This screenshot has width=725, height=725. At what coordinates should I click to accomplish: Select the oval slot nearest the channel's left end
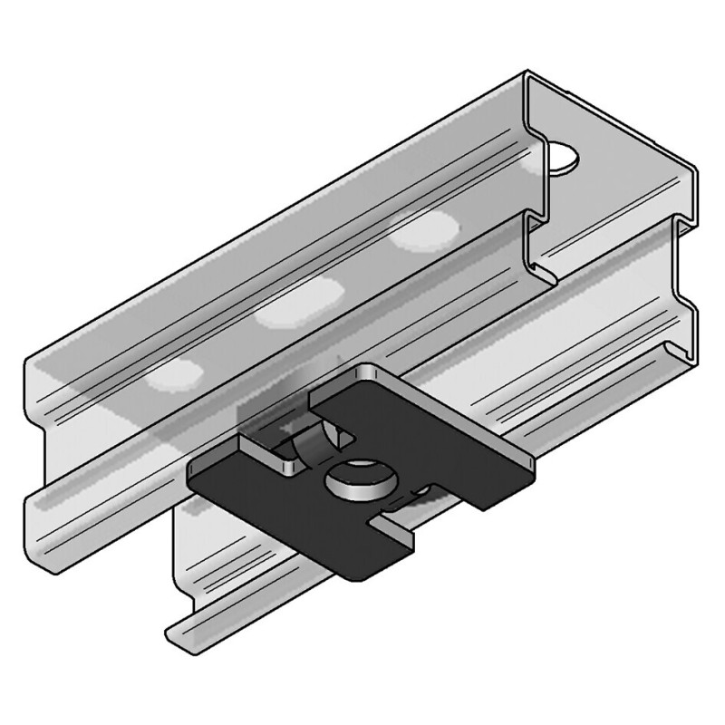click(172, 375)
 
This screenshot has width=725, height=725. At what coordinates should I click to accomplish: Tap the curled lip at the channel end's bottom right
click(671, 353)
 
